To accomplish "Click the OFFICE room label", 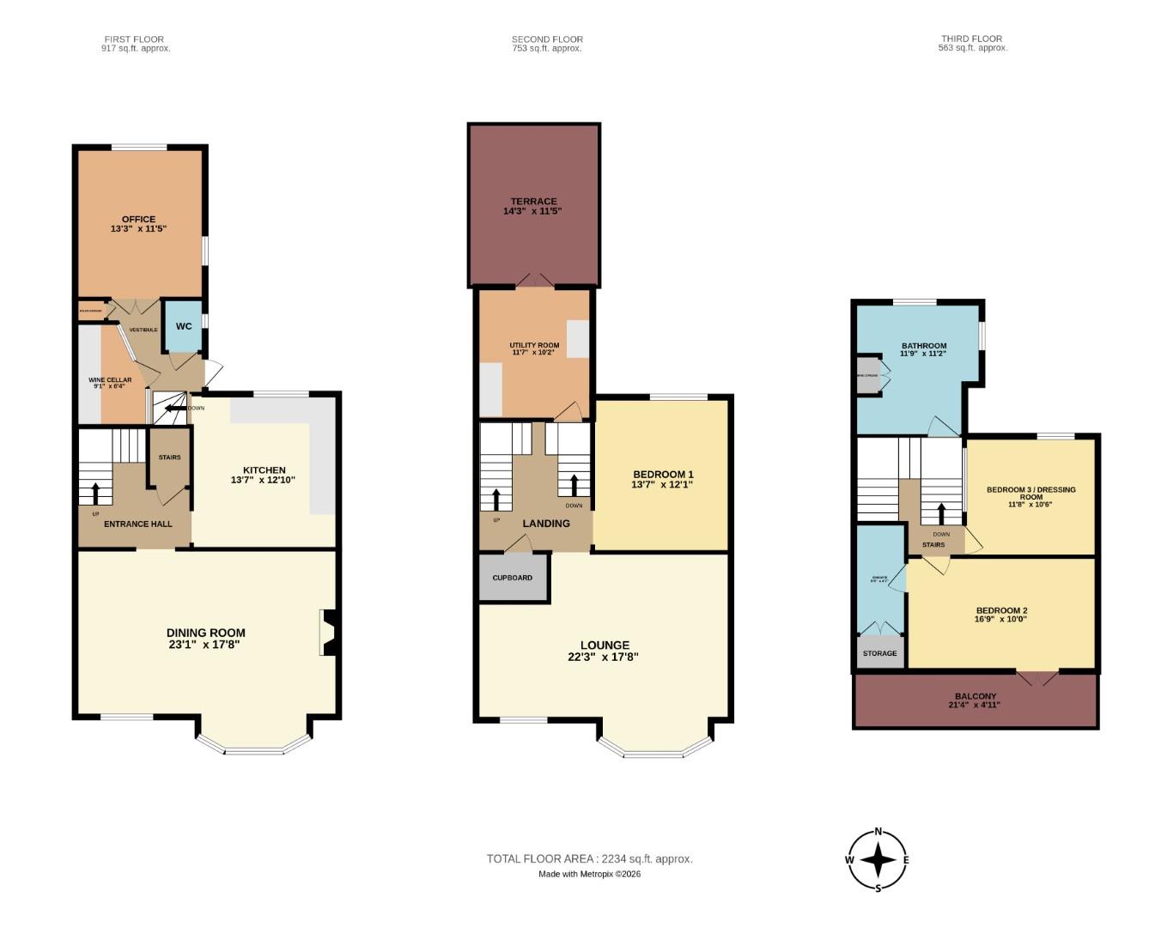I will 138,220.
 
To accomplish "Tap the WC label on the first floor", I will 184,326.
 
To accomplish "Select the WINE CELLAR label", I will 110,380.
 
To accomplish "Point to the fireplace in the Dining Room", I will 329,633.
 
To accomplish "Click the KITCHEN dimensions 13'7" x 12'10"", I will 263,480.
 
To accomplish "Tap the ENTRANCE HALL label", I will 137,524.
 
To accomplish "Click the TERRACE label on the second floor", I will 533,202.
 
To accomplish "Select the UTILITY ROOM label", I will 534,346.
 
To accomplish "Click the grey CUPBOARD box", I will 513,579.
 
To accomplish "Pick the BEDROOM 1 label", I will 663,475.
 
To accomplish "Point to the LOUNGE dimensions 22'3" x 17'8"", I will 603,657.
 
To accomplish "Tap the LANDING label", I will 546,524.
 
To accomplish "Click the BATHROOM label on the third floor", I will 923,346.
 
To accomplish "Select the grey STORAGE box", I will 879,653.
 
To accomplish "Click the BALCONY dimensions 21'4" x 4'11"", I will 974,706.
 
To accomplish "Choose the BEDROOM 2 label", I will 1001,610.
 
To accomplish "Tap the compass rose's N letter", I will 878,832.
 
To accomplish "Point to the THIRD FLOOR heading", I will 971,39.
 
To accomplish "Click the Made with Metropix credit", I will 589,875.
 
